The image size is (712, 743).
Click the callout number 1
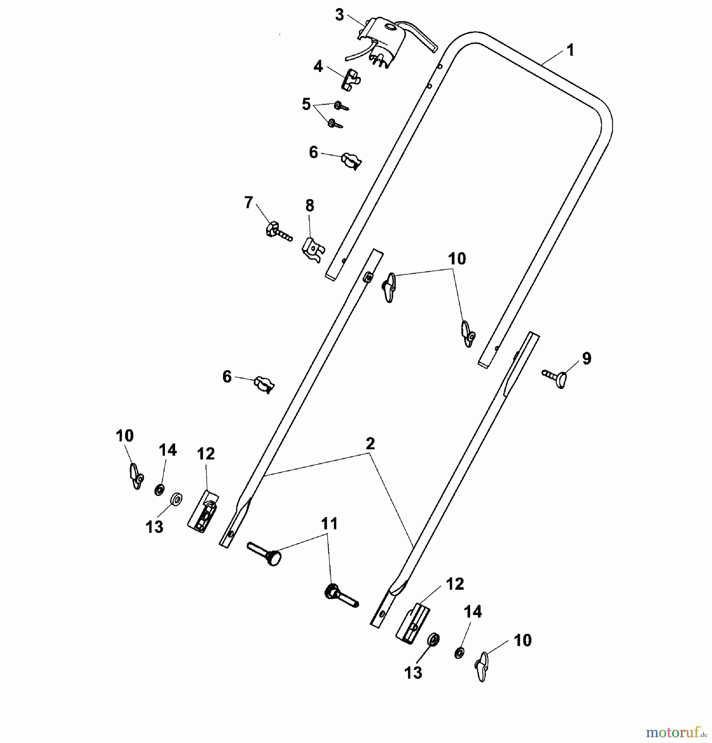click(570, 50)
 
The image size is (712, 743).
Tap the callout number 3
click(339, 15)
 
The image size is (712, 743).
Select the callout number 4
click(318, 66)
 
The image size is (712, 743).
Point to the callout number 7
click(248, 203)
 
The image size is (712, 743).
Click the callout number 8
click(310, 206)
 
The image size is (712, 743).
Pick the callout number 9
click(586, 358)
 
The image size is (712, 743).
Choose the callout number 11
click(329, 524)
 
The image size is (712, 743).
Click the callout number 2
click(370, 444)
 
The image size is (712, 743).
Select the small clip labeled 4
click(351, 80)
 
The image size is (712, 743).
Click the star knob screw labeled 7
click(279, 232)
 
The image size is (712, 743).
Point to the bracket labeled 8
click(313, 249)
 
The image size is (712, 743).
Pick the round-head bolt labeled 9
click(554, 376)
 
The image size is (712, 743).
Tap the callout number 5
click(306, 104)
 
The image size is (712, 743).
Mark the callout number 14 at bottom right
click(472, 612)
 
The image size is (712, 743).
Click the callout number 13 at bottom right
click(413, 673)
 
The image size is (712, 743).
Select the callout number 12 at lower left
click(206, 454)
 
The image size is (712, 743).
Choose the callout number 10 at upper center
click(457, 259)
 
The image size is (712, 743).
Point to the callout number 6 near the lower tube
click(227, 377)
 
